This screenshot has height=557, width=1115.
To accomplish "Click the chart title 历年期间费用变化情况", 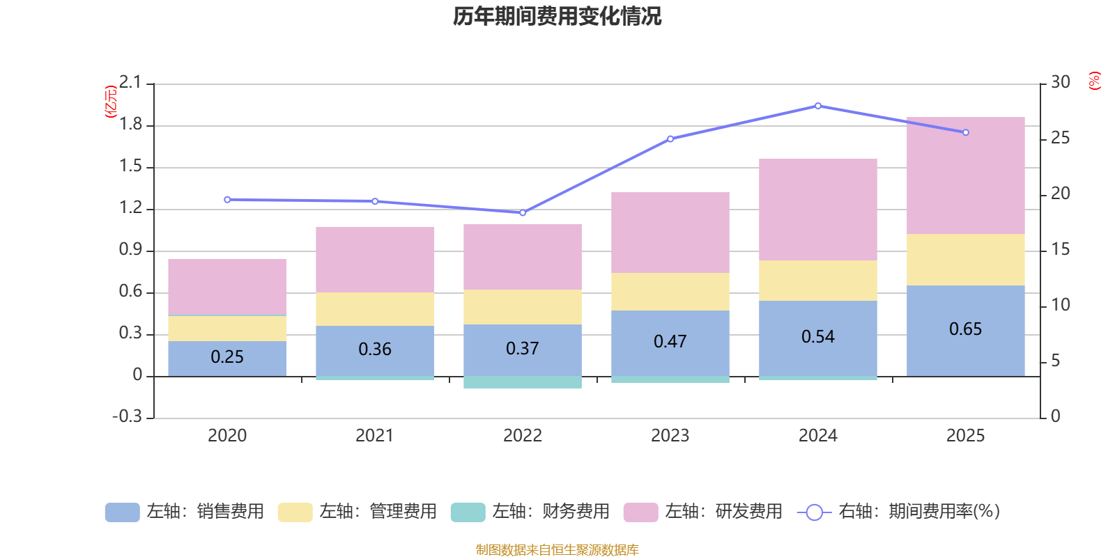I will click(x=557, y=16).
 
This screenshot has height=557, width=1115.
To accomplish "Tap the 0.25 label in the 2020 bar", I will click(x=227, y=357).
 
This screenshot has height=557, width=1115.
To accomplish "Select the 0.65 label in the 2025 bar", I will click(x=965, y=329).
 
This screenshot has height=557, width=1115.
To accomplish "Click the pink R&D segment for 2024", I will click(x=817, y=210).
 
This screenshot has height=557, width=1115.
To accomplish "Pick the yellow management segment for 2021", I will click(x=375, y=308).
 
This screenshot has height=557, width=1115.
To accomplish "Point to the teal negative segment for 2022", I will click(x=523, y=382).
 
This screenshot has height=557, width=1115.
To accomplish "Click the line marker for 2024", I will click(x=818, y=106).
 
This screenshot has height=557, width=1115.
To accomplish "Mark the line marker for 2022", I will click(x=523, y=212).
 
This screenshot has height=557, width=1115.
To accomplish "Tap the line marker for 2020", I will click(x=227, y=200).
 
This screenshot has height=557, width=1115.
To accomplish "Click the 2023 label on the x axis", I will click(x=670, y=436).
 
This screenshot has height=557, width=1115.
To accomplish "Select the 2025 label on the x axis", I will click(x=965, y=436).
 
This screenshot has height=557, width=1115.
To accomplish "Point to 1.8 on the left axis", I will click(x=130, y=125).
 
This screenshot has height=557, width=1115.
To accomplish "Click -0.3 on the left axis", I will click(x=127, y=416).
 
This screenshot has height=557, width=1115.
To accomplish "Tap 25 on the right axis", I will click(x=1060, y=138).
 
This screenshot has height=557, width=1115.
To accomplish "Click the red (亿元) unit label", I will click(x=110, y=102).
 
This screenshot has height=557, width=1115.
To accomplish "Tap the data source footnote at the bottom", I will click(x=557, y=550).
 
